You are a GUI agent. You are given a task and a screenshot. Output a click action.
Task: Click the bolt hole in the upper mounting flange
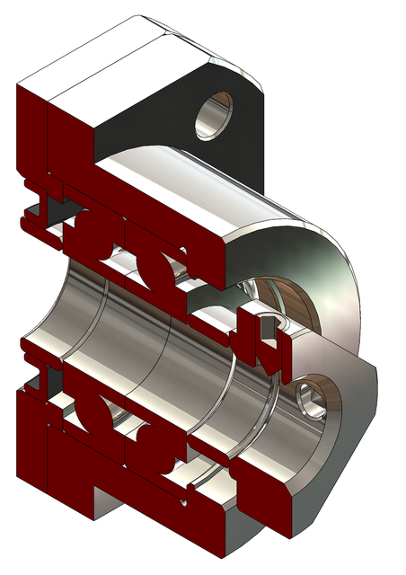click(216, 114)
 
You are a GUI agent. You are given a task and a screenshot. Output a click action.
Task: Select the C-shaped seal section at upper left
click(36, 202)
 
